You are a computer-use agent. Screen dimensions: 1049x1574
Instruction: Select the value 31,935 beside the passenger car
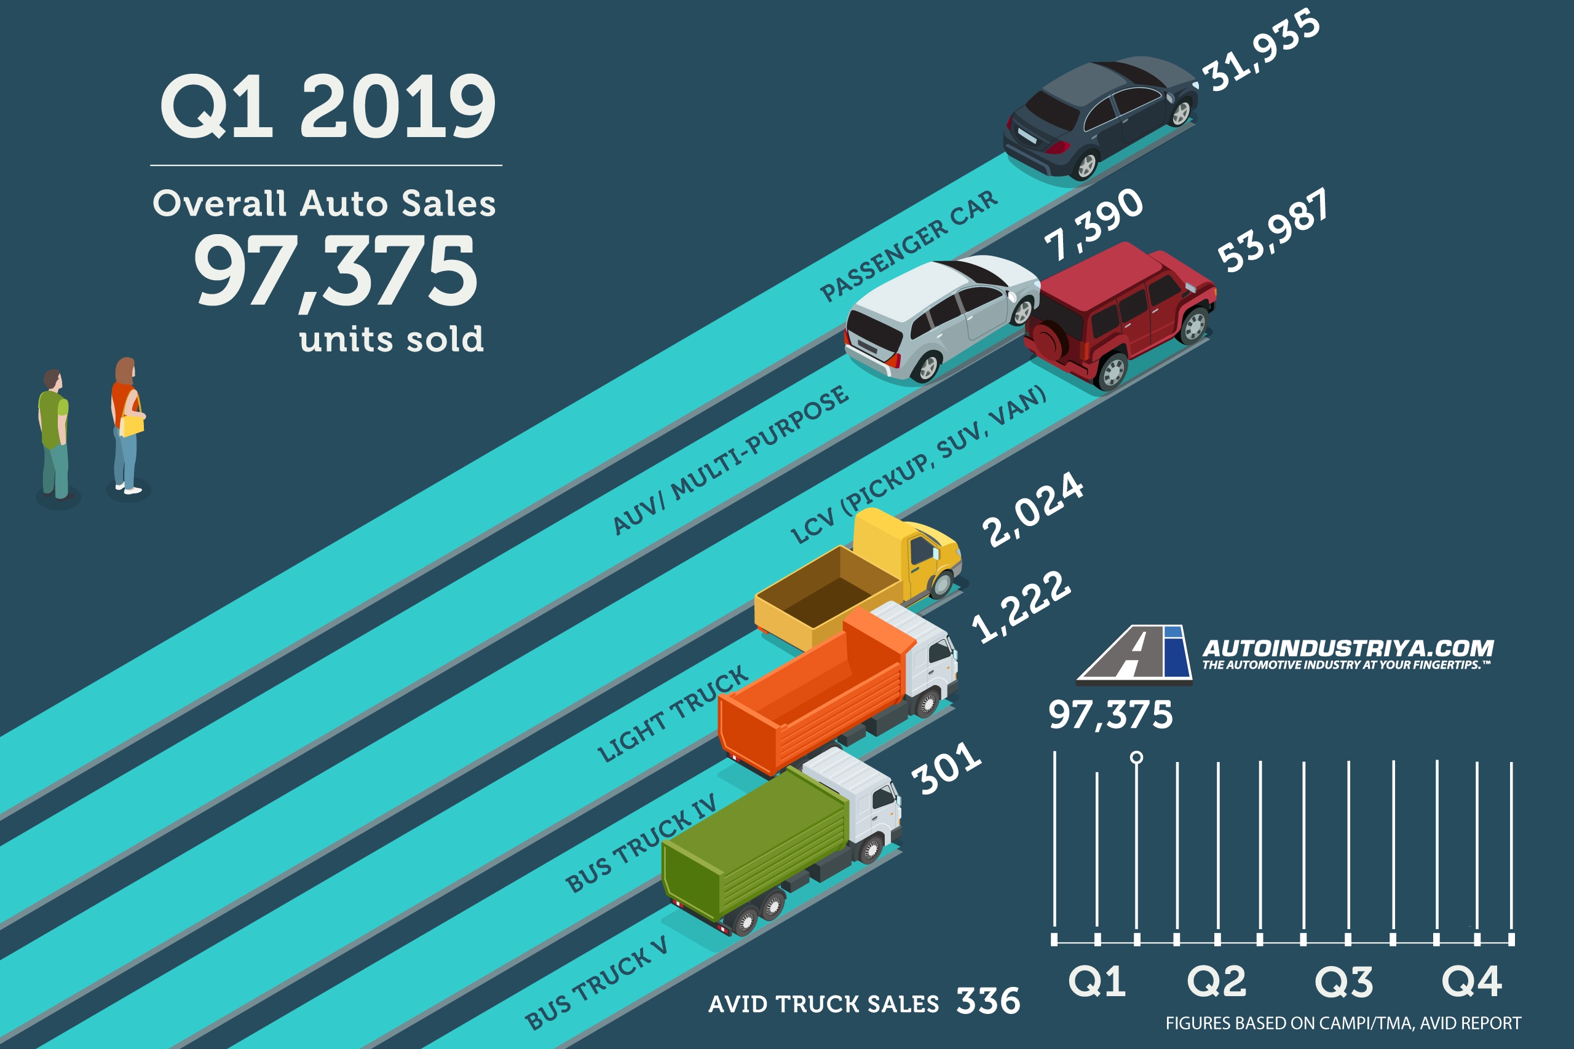pyautogui.click(x=1262, y=50)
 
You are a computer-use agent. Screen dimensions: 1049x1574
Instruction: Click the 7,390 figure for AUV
pyautogui.click(x=1094, y=224)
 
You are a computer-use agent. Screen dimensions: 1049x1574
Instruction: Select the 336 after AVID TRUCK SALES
pyautogui.click(x=988, y=1002)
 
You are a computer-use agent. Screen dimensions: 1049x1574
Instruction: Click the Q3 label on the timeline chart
pyautogui.click(x=1344, y=982)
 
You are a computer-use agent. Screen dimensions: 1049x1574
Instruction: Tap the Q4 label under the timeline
pyautogui.click(x=1471, y=981)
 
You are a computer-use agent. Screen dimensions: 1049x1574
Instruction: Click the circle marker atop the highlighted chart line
pyautogui.click(x=1136, y=757)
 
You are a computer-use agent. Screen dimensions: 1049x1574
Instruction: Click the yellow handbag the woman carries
pyautogui.click(x=132, y=424)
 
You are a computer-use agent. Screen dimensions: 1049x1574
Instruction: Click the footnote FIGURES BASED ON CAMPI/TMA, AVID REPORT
pyautogui.click(x=1343, y=1023)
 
